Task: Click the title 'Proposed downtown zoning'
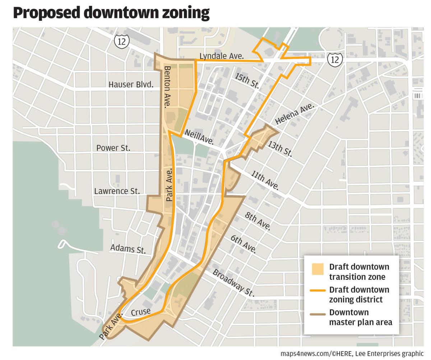click(111, 13)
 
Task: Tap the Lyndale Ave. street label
click(221, 56)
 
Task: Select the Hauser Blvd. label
click(131, 85)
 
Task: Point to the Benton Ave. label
click(167, 87)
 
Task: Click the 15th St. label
click(246, 80)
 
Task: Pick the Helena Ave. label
click(295, 114)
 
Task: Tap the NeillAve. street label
click(199, 137)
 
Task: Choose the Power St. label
click(113, 148)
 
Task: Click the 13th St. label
click(280, 148)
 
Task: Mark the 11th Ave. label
click(265, 180)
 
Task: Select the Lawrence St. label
click(117, 191)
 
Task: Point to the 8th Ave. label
click(258, 221)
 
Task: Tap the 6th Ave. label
click(244, 244)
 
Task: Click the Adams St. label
click(128, 249)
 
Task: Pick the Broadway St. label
click(233, 283)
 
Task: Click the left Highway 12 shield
click(122, 41)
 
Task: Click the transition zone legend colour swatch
click(318, 269)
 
